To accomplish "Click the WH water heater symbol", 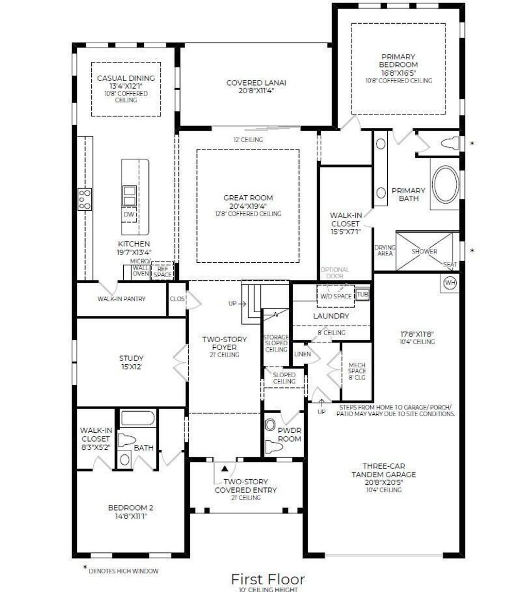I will point(450,283).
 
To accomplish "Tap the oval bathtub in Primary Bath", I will point(444,184).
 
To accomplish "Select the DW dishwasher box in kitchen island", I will point(128,214).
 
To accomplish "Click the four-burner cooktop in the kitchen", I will point(85,199).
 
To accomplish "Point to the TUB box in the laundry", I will point(362,295).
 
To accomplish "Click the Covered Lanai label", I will point(256,82).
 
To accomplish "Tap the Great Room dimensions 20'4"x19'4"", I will point(248,206).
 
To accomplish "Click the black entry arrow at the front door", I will point(225,469).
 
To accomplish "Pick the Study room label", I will point(131,358).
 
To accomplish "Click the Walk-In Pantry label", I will point(121,299).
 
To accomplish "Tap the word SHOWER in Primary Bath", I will point(424,251).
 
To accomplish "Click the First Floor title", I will point(268,579).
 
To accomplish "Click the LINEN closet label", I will point(303,354).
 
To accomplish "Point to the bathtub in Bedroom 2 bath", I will point(138,418).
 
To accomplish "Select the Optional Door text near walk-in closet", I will point(335,273).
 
